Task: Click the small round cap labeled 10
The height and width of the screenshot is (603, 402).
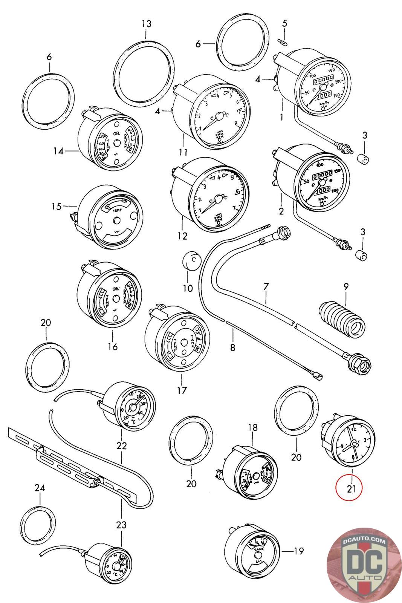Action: click(x=191, y=261)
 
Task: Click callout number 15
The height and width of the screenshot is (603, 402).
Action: click(x=57, y=206)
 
